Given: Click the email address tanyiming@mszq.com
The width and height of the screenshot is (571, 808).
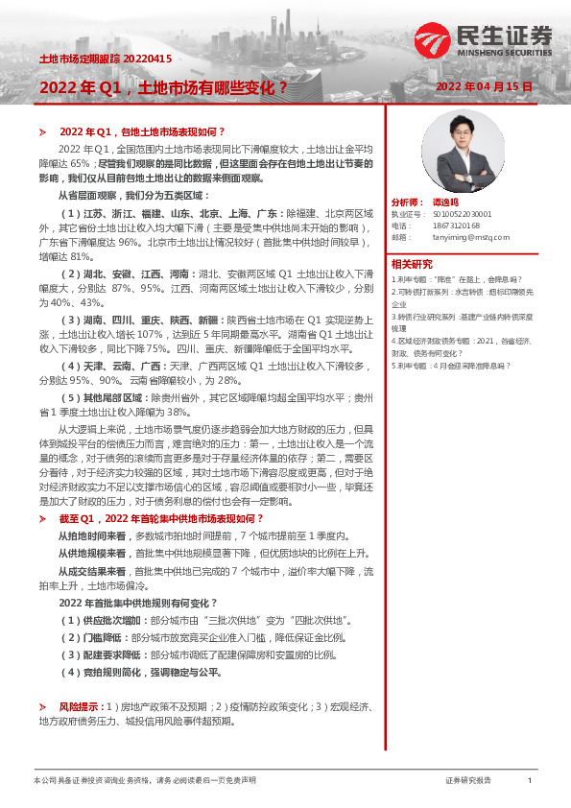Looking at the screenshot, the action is [x=470, y=236].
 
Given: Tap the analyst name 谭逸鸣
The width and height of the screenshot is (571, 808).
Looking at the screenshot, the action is [x=444, y=202].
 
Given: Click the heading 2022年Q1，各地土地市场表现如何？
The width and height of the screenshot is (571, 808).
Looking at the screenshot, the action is [x=141, y=131].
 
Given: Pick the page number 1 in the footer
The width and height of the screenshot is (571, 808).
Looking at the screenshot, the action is [x=530, y=781].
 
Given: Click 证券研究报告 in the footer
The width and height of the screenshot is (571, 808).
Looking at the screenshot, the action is [x=468, y=781].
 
